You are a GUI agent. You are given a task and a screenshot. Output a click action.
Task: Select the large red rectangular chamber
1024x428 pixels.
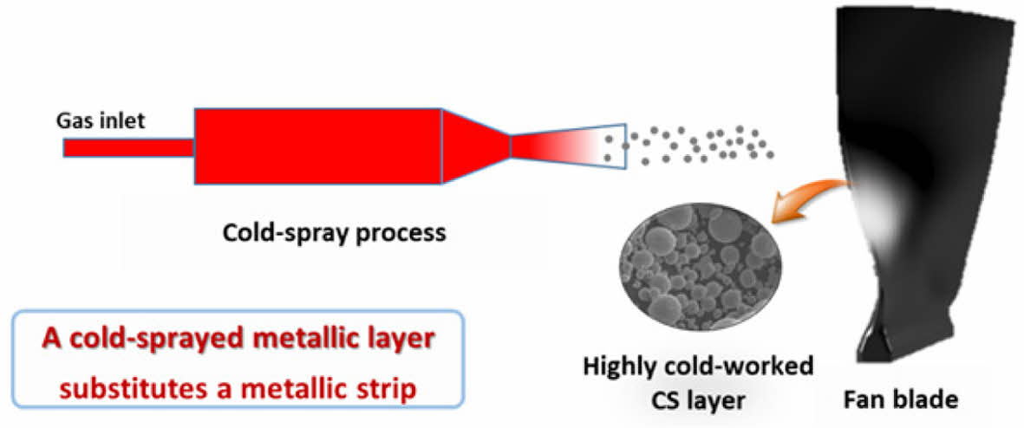click(x=317, y=146)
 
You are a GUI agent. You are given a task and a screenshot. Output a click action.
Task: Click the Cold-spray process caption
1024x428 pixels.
click(x=334, y=232)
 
